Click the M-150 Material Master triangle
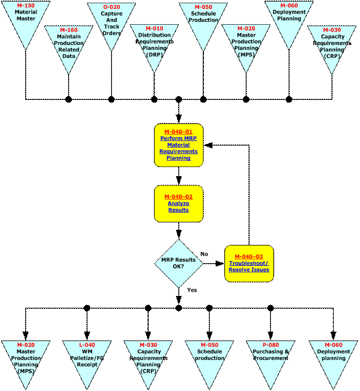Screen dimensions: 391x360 [x=26, y=19]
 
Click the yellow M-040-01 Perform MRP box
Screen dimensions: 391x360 [x=179, y=145]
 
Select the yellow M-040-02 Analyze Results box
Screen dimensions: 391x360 [x=179, y=204]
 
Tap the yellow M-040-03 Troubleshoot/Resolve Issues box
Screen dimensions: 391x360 [x=249, y=263]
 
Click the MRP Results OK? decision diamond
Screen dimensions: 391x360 [x=179, y=263]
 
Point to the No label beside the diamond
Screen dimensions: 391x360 [x=204, y=254]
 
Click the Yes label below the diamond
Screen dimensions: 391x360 [x=192, y=290]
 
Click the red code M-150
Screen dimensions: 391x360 [x=26, y=5]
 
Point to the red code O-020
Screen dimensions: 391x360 [x=111, y=7]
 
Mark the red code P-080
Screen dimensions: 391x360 [x=271, y=345]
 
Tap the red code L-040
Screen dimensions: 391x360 [x=87, y=345]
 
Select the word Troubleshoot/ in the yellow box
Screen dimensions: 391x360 [x=248, y=263]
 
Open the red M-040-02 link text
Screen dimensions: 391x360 [x=179, y=197]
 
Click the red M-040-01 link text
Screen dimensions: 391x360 [x=179, y=132]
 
